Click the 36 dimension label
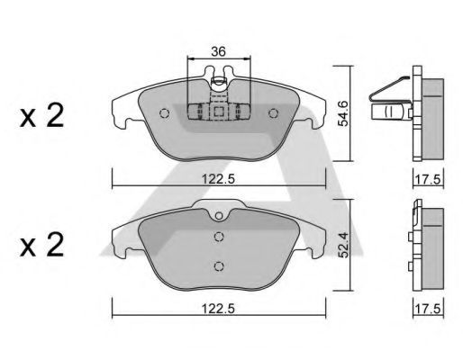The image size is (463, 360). [218, 51]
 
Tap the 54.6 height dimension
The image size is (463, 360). [343, 113]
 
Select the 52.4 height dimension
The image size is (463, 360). [343, 246]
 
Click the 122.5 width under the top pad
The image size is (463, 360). [218, 179]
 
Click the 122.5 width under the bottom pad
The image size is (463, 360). [218, 309]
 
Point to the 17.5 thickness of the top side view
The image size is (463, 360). [428, 180]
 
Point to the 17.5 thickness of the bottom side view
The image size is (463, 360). [428, 309]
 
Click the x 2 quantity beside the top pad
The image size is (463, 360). [42, 115]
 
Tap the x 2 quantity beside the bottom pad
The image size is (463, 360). [42, 245]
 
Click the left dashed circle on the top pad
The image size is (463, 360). [165, 113]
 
